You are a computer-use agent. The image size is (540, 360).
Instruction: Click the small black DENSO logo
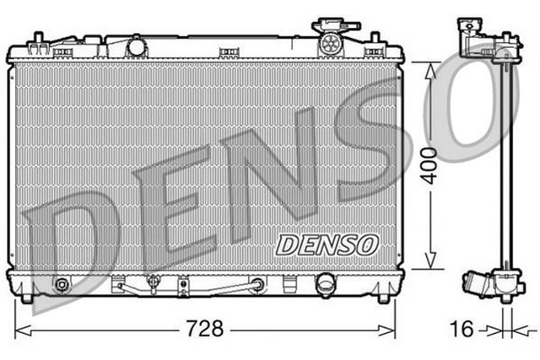pyautogui.click(x=327, y=244)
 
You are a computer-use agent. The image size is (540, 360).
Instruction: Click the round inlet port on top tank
pyautogui.click(x=136, y=46)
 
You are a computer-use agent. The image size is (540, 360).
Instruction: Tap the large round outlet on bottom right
pyautogui.click(x=326, y=284)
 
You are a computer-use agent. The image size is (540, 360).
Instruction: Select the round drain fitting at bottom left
pyautogui.click(x=61, y=285)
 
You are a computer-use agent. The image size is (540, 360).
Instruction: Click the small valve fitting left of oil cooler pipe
pyautogui.click(x=153, y=282)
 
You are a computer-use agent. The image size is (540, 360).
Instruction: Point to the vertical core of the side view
pyautogui.click(x=506, y=169)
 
